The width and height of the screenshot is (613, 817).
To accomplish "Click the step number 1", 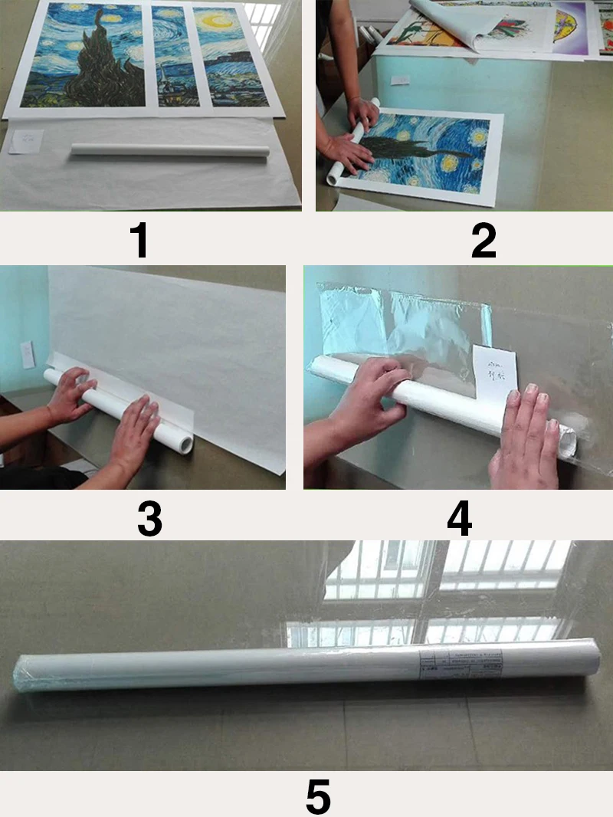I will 139,240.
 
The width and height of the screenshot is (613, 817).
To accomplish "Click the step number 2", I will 484,240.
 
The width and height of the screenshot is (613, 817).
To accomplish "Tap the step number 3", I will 149,519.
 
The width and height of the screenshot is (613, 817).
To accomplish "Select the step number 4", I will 459,519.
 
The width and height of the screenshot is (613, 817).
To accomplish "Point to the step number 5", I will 318,796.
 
